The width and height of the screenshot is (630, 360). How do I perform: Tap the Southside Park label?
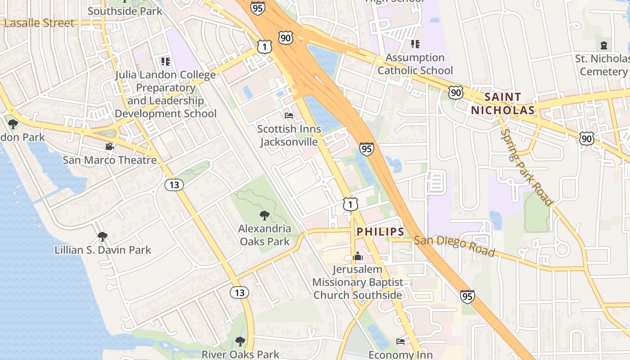point(125,11)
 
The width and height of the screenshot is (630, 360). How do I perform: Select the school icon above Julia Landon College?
point(165,61)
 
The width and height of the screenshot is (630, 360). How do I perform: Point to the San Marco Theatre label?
point(109,160)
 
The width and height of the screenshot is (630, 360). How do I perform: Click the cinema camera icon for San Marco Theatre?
point(109,146)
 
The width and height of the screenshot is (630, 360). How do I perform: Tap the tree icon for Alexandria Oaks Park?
point(265,216)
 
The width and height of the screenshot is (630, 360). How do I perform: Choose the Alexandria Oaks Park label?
point(265,235)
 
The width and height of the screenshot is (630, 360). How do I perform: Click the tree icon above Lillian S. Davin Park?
point(103,236)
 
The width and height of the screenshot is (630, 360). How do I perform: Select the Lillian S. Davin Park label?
point(103,250)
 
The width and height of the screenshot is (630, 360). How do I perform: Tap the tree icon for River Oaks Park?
point(240,341)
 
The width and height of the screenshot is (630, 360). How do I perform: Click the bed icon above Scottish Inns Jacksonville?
point(289,116)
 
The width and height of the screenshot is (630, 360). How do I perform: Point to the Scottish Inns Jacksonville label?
point(289,135)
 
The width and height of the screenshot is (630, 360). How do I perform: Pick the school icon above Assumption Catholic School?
point(415,44)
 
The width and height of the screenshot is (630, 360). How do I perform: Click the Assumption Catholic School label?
point(415,64)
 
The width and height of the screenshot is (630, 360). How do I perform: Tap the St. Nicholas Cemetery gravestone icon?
point(603,45)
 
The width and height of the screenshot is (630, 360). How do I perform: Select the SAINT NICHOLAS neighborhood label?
point(503,103)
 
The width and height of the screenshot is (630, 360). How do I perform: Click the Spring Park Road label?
point(526,167)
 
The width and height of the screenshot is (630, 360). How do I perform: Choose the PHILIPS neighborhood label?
point(380,232)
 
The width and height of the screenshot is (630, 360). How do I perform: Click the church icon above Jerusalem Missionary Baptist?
point(358,256)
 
